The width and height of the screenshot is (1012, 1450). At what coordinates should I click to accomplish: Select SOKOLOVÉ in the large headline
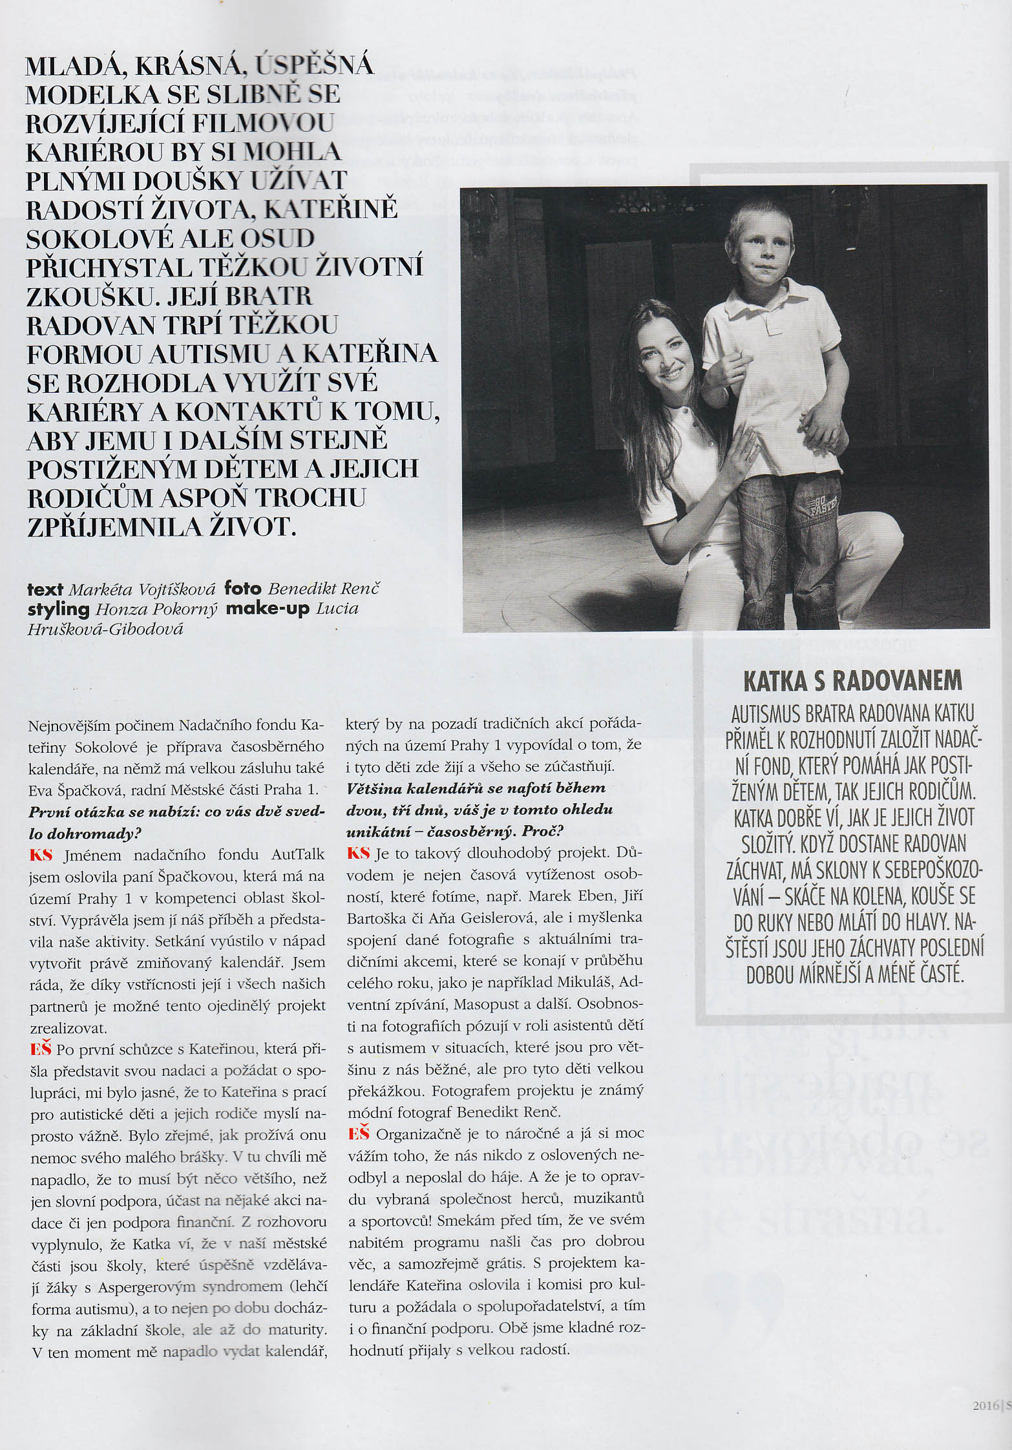97,238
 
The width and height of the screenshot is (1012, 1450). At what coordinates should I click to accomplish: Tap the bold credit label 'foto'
242,589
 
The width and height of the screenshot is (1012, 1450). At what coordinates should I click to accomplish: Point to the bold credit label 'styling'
58,609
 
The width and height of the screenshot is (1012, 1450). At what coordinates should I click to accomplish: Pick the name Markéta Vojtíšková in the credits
142,589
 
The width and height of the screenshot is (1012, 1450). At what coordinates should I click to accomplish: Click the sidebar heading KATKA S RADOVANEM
852,680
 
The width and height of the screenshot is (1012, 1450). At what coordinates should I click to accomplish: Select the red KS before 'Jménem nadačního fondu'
40,855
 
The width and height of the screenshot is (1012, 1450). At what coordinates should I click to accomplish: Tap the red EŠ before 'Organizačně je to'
359,1134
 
